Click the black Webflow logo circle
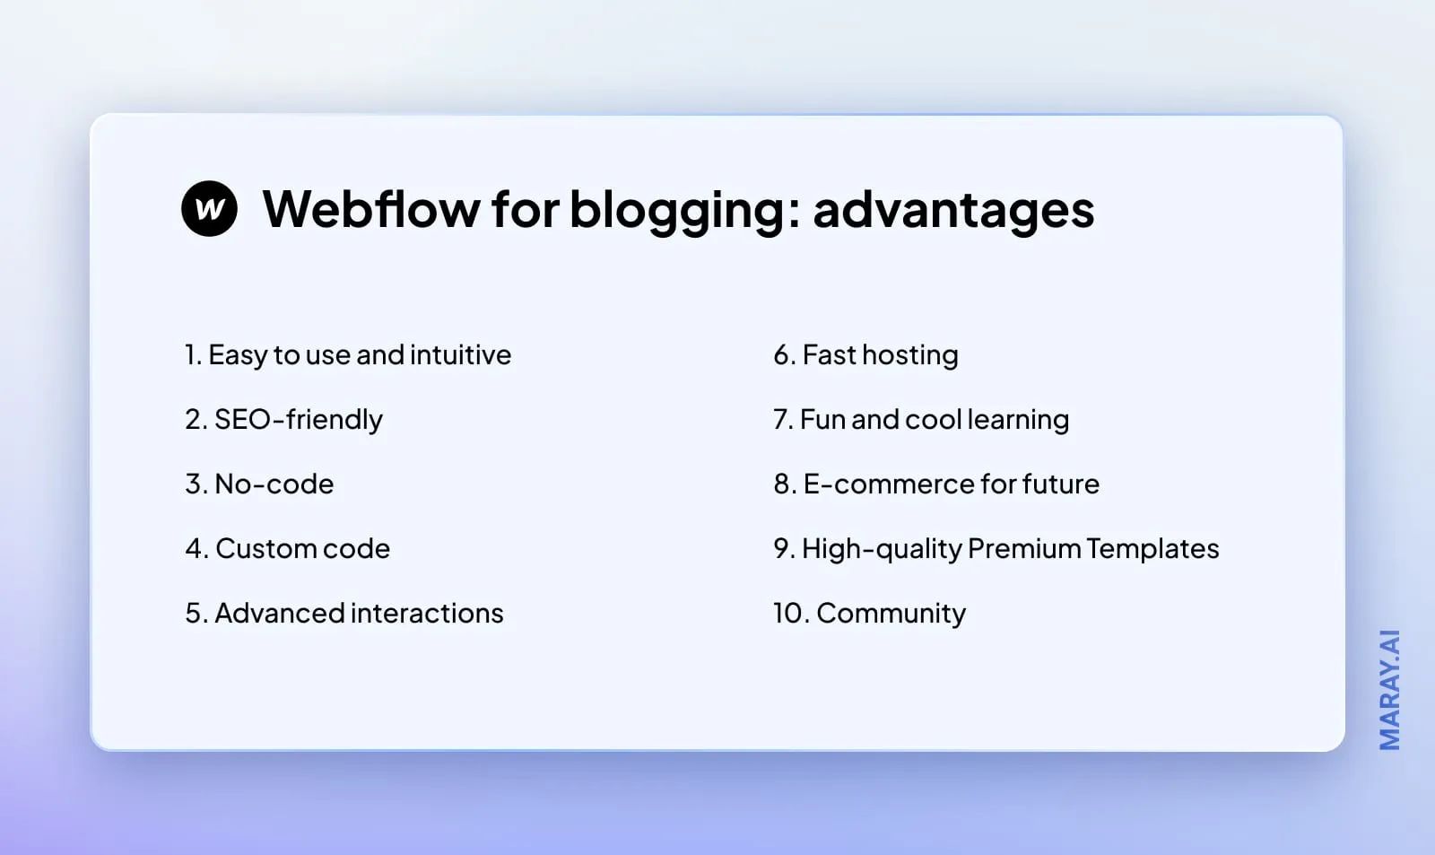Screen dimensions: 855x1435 point(209,209)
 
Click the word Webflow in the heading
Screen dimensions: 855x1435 point(371,209)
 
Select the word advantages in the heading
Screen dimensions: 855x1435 point(953,209)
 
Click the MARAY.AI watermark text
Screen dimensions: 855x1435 point(1389,690)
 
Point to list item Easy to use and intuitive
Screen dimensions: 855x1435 point(348,355)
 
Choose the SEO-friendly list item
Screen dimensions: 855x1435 point(284,420)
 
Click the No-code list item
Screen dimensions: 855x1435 point(259,484)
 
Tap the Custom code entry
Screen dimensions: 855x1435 point(288,549)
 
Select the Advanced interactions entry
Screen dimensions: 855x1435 point(344,614)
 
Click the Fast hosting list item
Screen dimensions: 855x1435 point(865,355)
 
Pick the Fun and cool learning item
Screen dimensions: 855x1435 point(921,420)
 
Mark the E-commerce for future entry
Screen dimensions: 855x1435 point(936,484)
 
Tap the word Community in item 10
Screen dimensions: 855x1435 point(891,614)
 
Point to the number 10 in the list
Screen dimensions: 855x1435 point(788,614)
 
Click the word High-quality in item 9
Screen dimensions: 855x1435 point(882,549)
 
